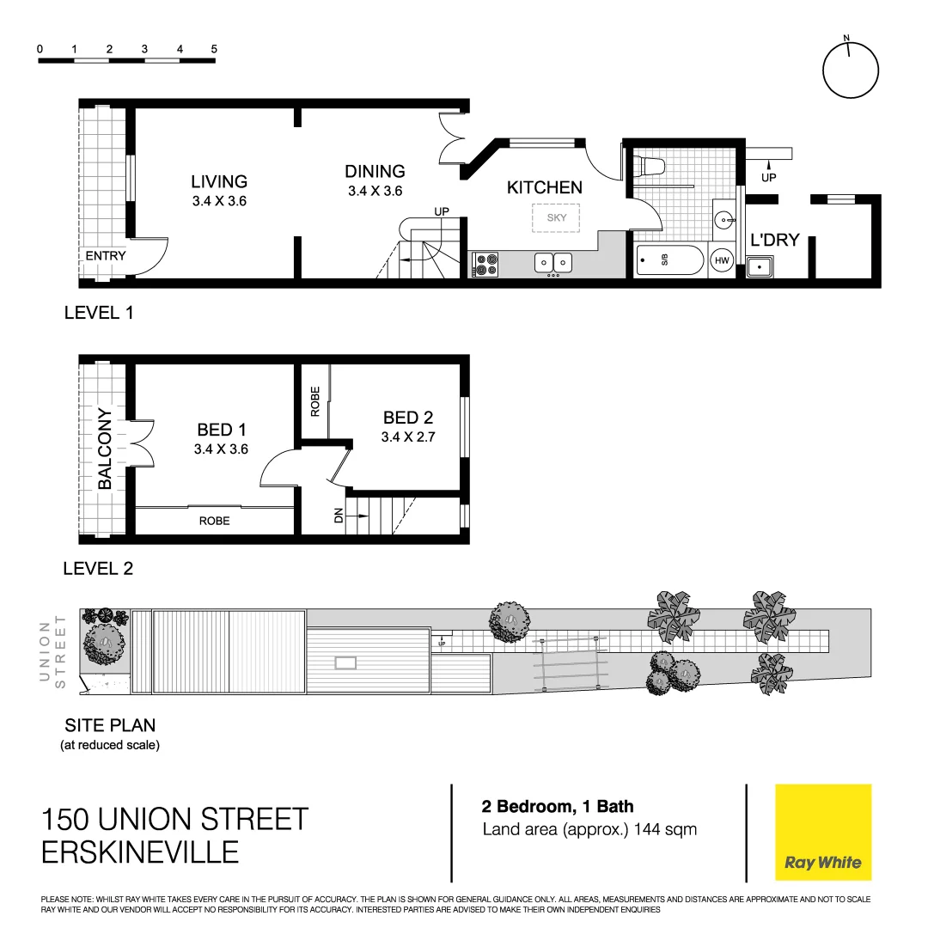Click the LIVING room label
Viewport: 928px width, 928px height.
(219, 181)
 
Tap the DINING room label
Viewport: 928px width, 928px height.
(375, 172)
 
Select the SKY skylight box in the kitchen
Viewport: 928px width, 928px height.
(557, 217)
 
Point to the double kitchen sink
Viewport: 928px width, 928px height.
(553, 263)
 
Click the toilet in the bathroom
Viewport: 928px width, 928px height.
(653, 167)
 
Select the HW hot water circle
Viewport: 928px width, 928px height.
(722, 260)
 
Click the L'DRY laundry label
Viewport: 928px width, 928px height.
(775, 240)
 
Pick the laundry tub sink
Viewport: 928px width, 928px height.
(760, 267)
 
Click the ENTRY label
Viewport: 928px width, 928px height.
(106, 256)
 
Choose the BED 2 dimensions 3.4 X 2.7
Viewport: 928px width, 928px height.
(408, 437)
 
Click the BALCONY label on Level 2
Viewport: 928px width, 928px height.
(106, 449)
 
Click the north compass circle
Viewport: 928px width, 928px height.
(851, 71)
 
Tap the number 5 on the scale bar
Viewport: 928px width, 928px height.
(214, 49)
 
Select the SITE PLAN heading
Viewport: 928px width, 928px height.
(110, 725)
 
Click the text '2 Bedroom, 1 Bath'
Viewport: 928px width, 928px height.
(558, 807)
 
